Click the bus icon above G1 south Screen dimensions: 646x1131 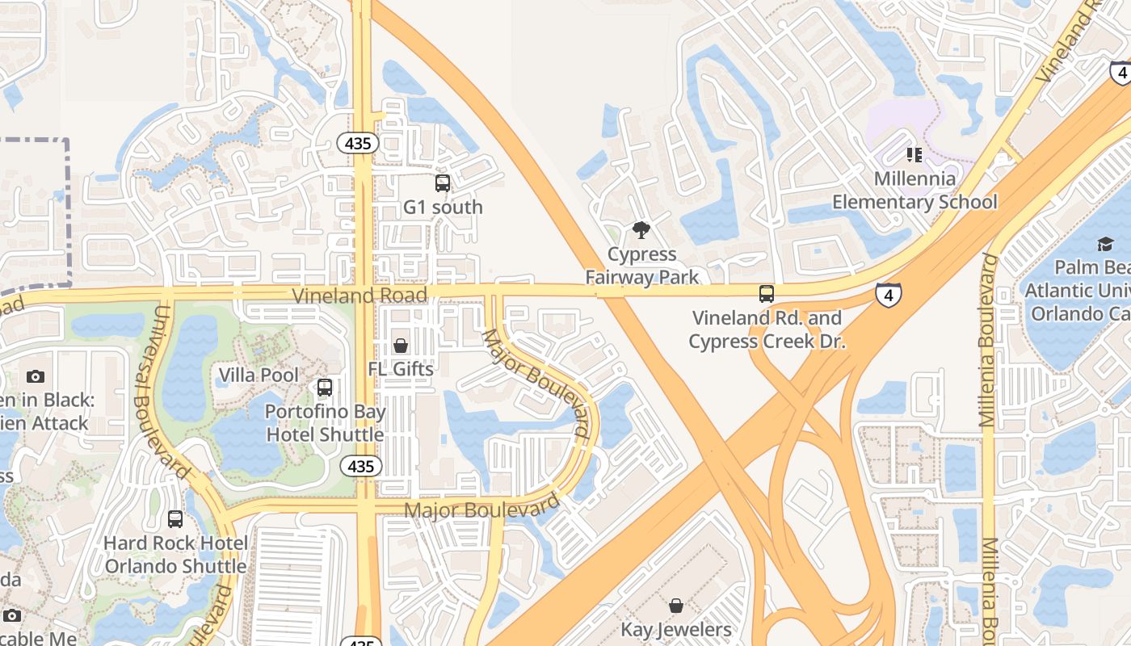tap(443, 182)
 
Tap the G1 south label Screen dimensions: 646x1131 tap(443, 208)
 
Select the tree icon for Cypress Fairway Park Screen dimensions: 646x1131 tap(641, 231)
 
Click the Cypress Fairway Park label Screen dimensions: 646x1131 tap(641, 266)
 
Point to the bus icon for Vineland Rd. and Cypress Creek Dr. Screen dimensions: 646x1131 tap(766, 294)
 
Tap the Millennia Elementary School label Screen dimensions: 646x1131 tap(914, 191)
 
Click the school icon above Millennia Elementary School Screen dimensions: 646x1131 tap(914, 154)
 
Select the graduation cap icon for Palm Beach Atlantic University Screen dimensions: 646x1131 tap(1104, 244)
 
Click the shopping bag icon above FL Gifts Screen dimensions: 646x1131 tap(400, 346)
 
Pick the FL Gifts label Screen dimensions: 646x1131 tap(401, 369)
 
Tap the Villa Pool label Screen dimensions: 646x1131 tap(259, 375)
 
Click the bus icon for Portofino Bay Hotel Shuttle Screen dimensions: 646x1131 tap(325, 388)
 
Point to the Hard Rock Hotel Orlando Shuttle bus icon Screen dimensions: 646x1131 tap(175, 519)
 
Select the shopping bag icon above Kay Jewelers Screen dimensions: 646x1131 tap(676, 606)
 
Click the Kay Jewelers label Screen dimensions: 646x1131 tap(676, 629)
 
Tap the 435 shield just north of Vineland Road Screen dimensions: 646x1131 tap(358, 144)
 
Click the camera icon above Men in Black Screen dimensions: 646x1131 tap(35, 376)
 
